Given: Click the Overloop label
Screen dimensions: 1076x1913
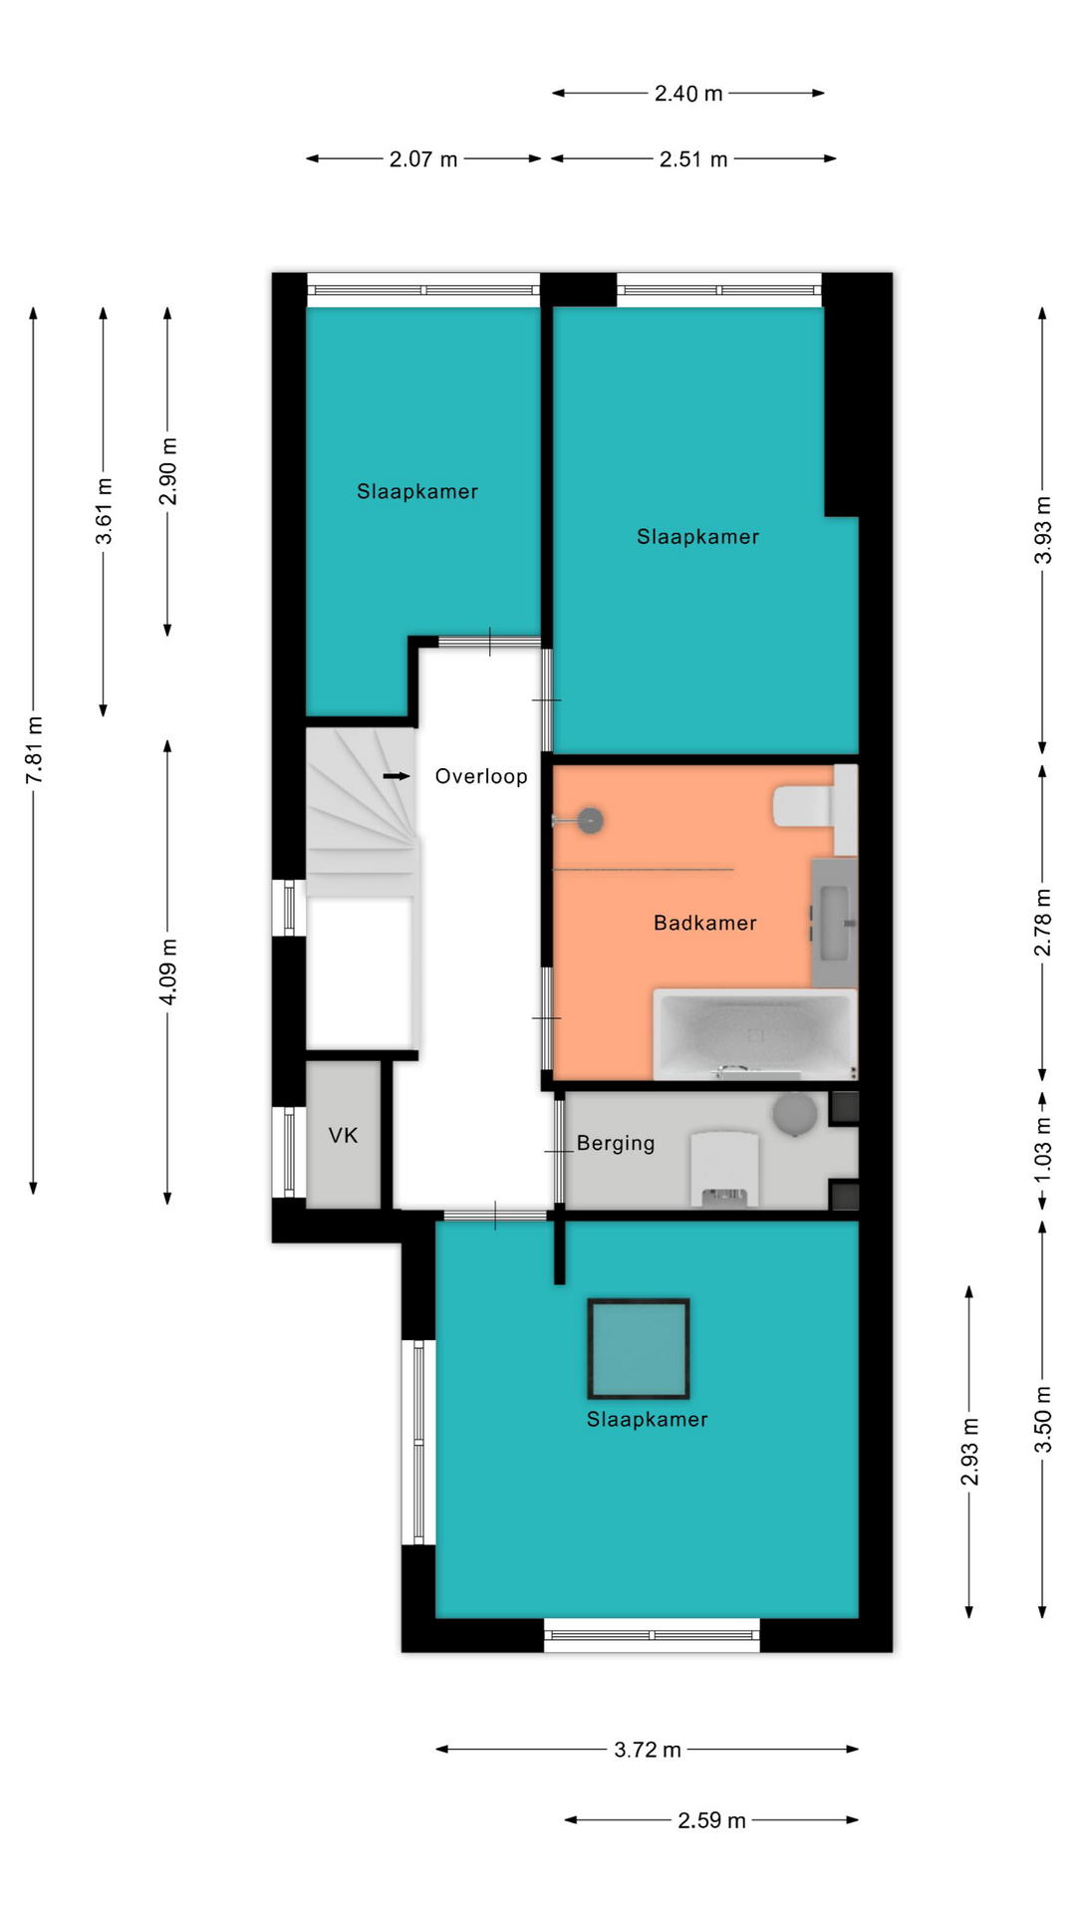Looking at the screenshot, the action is click(481, 776).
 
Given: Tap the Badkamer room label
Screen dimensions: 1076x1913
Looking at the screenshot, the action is click(705, 923).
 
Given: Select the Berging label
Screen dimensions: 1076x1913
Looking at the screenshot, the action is click(616, 1144).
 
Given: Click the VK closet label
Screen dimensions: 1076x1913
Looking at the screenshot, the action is click(344, 1135).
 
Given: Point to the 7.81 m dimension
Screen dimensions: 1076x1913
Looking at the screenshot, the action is click(34, 749).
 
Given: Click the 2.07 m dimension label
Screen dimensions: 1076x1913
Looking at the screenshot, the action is click(423, 159).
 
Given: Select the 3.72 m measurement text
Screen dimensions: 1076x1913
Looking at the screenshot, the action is click(648, 1750).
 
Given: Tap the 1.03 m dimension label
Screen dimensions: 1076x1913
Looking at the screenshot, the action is click(1043, 1150).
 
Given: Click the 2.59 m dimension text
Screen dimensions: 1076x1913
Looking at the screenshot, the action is click(711, 1820).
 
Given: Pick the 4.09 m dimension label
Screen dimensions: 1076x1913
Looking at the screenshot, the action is click(168, 971).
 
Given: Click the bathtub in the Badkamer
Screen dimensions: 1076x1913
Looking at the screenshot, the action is click(755, 1034).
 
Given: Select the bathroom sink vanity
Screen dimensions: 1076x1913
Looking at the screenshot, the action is click(835, 922).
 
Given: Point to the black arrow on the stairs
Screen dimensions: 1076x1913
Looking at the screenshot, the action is click(397, 776).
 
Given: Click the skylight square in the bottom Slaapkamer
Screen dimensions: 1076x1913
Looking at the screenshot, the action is click(639, 1348).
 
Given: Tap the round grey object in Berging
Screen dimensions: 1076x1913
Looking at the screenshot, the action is click(795, 1114).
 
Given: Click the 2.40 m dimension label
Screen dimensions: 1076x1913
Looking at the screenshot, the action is click(688, 94).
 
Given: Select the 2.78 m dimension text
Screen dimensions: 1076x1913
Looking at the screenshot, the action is click(1043, 922).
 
